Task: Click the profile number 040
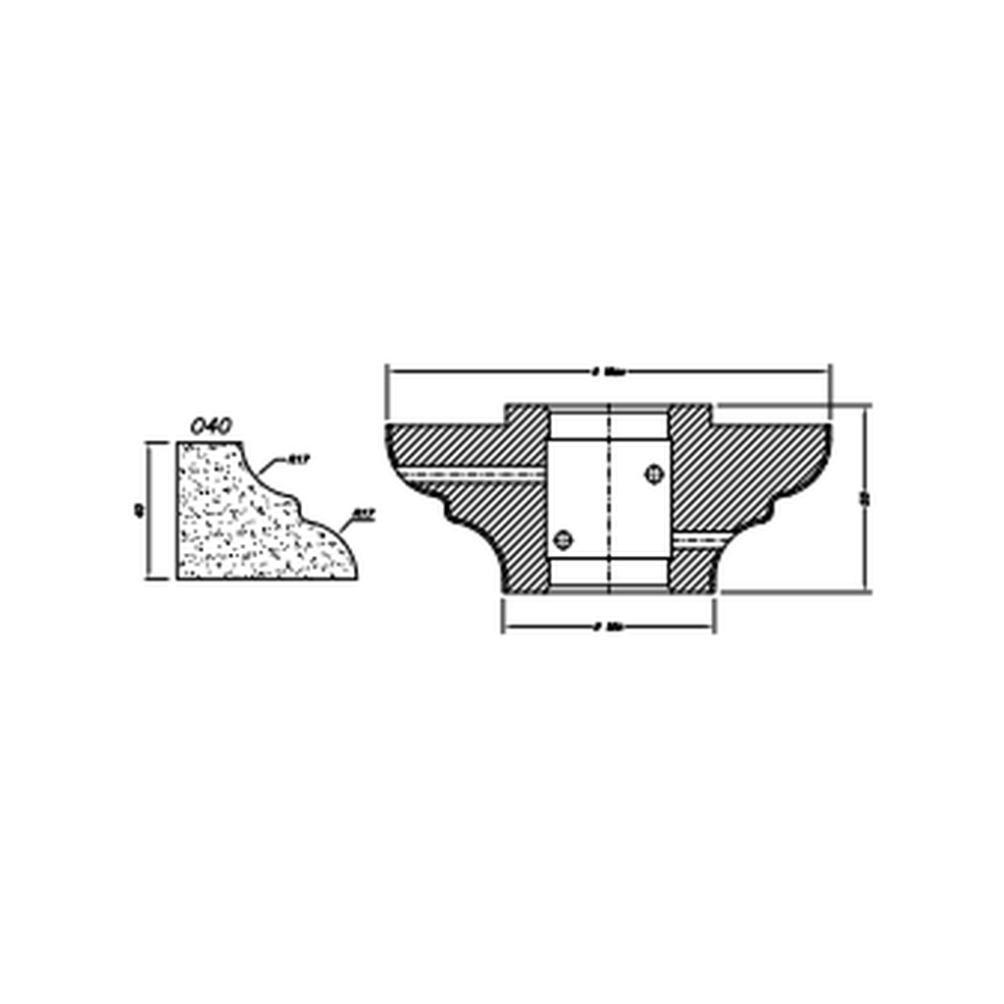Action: coord(210,427)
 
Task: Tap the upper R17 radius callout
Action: coord(299,459)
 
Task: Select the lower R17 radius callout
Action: coord(365,512)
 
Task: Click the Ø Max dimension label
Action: coord(609,372)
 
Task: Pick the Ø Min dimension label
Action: coord(609,627)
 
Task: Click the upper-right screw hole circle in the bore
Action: coord(653,475)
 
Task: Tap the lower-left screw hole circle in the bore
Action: coord(563,538)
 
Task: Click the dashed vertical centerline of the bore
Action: coord(610,500)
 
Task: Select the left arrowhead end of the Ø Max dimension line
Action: coord(389,371)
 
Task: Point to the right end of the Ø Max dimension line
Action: coord(828,371)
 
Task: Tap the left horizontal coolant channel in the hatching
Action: coord(471,474)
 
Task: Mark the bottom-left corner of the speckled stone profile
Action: coord(178,577)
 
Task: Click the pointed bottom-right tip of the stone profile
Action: coord(356,577)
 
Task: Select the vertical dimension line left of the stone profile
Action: coord(149,510)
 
